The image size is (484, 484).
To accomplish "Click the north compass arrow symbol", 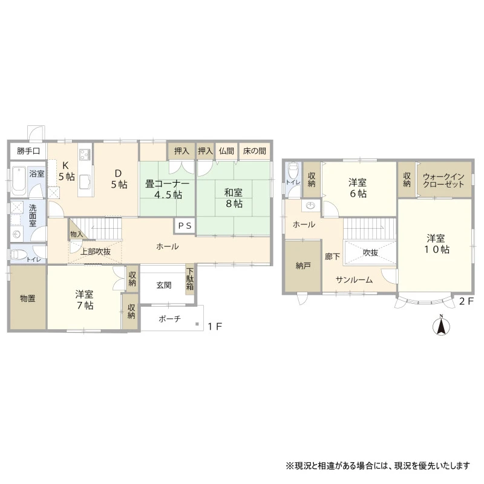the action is (x=442, y=326).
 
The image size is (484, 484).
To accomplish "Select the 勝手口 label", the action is (x=28, y=151).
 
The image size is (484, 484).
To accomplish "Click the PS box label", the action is (x=185, y=226).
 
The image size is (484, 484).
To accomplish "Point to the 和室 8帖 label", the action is (x=234, y=198).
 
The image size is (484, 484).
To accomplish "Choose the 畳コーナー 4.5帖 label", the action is (x=168, y=189).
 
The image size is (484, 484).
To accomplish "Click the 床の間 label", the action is (x=254, y=151).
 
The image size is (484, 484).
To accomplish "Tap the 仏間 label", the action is (x=226, y=151).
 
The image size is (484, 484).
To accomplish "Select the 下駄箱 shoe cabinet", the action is (x=189, y=280).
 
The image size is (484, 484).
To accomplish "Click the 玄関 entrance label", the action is (x=163, y=285).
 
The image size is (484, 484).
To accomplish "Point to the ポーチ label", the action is (x=169, y=319).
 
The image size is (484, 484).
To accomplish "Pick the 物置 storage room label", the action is (x=28, y=298).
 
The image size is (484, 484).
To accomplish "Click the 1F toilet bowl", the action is (x=18, y=255).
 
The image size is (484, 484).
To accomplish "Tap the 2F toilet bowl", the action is (x=292, y=170).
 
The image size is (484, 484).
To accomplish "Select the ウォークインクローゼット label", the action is (x=443, y=180).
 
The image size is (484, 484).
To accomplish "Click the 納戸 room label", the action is (x=303, y=266).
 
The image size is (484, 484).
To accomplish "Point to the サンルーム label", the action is (x=354, y=280).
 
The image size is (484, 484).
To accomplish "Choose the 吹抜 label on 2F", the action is (x=370, y=252).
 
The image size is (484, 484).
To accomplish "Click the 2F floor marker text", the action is (x=466, y=301).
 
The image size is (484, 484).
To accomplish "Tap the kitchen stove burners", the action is (x=85, y=154).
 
